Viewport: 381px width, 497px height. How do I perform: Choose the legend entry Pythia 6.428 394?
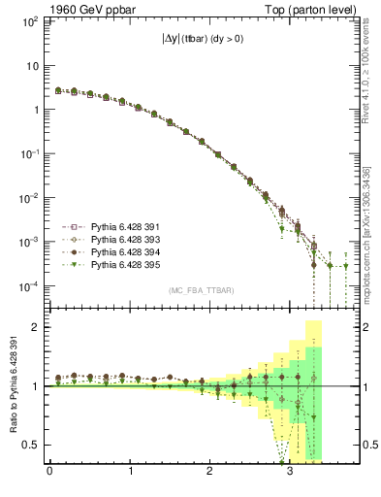click(114, 251)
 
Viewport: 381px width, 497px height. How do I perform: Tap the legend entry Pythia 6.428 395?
click(114, 264)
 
